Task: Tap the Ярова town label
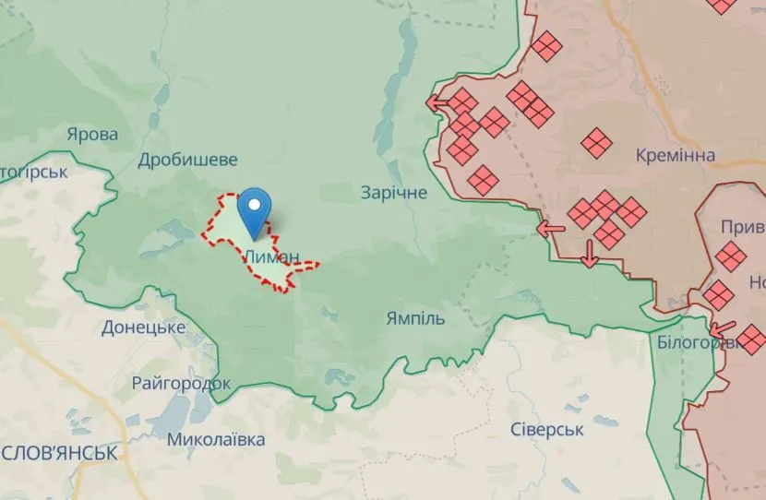point(92,135)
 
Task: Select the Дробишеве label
point(187,160)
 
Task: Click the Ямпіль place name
point(415,319)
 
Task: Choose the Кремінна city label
point(675,155)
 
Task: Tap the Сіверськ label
point(547,430)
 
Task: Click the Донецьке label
point(144,327)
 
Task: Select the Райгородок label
point(181,383)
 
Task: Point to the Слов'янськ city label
point(59,453)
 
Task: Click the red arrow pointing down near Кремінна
point(590,253)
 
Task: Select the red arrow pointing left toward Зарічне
point(551,229)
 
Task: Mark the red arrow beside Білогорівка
point(724,327)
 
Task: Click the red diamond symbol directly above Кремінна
point(597,142)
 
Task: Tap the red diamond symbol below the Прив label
point(731,256)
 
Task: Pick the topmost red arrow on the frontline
point(437,101)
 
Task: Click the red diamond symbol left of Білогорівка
point(718,296)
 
